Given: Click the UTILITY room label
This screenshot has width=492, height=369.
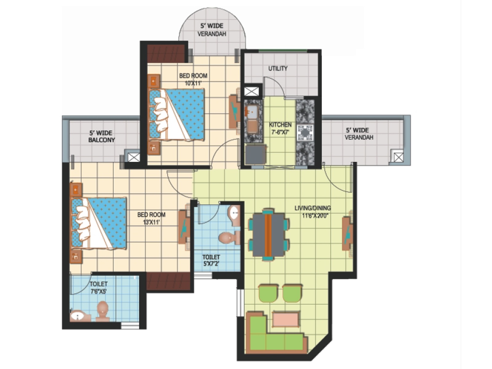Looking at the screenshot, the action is coord(278,68).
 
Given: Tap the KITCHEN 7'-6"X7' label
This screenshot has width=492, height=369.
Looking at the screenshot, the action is coord(280,128).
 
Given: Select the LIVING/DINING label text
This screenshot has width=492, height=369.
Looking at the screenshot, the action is coord(312,208).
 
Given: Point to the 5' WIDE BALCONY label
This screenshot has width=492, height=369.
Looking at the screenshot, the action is coord(101,136).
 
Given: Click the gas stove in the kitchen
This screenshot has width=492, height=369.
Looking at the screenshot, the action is coord(305,133).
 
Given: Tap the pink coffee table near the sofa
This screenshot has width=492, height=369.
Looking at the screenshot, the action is coord(286,319).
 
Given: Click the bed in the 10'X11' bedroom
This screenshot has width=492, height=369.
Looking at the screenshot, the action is coord(177,114).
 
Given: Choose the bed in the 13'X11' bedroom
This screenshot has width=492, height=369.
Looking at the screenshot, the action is coord(99,223).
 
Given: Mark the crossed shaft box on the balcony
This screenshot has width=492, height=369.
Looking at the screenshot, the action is coord(133,157).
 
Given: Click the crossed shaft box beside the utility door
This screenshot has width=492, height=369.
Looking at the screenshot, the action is coord(251,91).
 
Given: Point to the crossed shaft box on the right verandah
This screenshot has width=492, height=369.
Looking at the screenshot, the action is coord(398,157).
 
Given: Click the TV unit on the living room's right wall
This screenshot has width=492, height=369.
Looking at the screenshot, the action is coord(347,233).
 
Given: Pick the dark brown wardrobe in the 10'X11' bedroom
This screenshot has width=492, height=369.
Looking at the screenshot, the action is coord(166,54).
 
